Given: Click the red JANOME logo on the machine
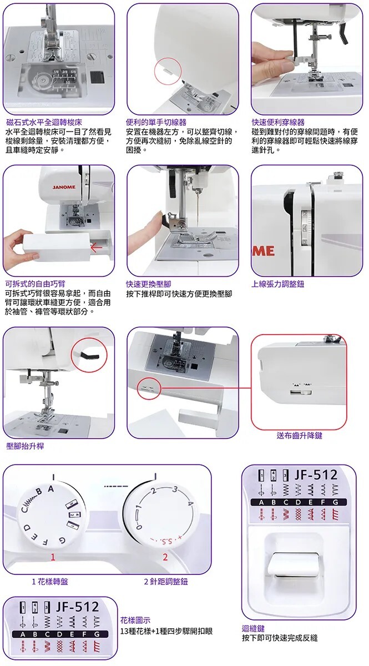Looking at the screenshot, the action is pyautogui.click(x=64, y=188).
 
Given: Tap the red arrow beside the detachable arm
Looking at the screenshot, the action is pyautogui.click(x=97, y=247).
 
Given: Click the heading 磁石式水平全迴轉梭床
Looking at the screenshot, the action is pyautogui.click(x=44, y=122).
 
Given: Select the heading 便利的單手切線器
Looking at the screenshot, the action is pyautogui.click(x=156, y=122).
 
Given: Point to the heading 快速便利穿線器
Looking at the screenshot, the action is pyautogui.click(x=278, y=122).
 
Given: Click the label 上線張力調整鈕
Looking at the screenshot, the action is pyautogui.click(x=277, y=284).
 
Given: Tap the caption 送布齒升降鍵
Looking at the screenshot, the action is pyautogui.click(x=300, y=436).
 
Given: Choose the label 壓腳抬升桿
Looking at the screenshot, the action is pyautogui.click(x=25, y=446).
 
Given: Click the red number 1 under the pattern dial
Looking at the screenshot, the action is pyautogui.click(x=53, y=557).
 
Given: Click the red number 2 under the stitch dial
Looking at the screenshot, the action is pyautogui.click(x=165, y=557).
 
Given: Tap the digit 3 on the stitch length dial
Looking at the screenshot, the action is pyautogui.click(x=175, y=489).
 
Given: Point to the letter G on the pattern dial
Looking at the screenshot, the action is pyautogui.click(x=62, y=540).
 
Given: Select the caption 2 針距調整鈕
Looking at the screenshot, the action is pyautogui.click(x=166, y=582).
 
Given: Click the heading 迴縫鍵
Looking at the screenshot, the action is pyautogui.click(x=253, y=628).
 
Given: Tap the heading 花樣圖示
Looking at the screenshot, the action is pyautogui.click(x=135, y=620).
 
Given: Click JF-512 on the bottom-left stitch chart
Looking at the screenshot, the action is pyautogui.click(x=78, y=607).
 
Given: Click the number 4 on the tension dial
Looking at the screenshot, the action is pyautogui.click(x=305, y=228).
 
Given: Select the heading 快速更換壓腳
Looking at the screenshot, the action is pyautogui.click(x=148, y=284).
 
